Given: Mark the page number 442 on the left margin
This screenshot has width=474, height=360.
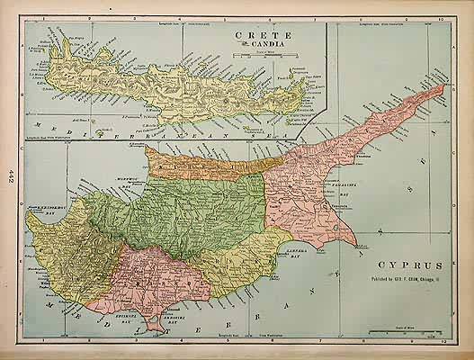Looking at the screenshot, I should [9, 174].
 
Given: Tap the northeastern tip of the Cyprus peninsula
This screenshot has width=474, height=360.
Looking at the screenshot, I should [443, 86].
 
